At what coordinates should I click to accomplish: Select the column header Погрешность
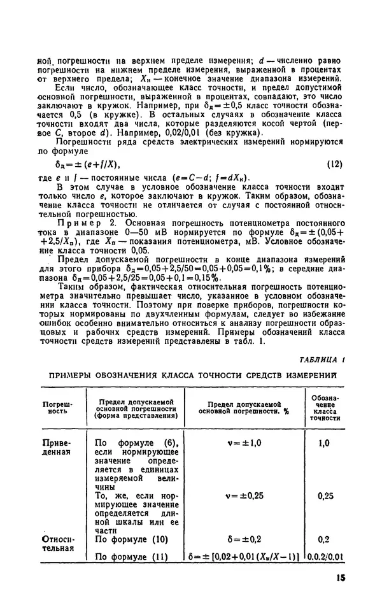click(x=57, y=408)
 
